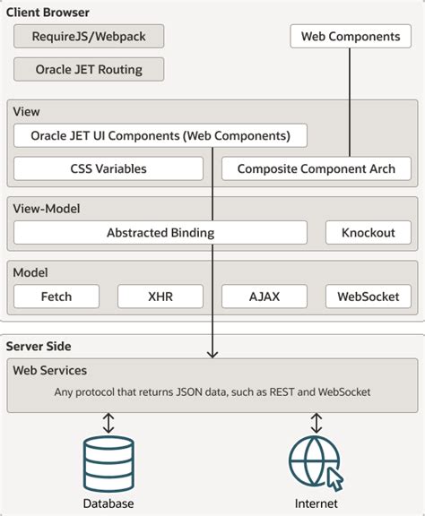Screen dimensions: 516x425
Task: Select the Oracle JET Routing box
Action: click(89, 69)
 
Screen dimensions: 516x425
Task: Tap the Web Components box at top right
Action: click(350, 37)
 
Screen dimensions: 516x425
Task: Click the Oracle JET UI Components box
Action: click(160, 136)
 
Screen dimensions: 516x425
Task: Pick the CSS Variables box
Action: click(108, 168)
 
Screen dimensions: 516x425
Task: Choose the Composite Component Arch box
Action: click(317, 168)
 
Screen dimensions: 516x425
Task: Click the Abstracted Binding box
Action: click(160, 233)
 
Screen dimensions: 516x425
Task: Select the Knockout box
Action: click(368, 233)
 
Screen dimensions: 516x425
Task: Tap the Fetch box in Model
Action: click(56, 297)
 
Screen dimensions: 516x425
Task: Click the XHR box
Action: click(160, 297)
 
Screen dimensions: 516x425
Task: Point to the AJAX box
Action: click(265, 297)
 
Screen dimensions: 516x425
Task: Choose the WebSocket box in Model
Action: click(368, 297)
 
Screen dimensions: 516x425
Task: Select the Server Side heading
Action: click(39, 346)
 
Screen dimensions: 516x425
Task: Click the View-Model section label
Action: click(47, 209)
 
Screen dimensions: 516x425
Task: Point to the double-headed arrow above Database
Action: click(108, 422)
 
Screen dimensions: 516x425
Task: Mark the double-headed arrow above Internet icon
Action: click(316, 422)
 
